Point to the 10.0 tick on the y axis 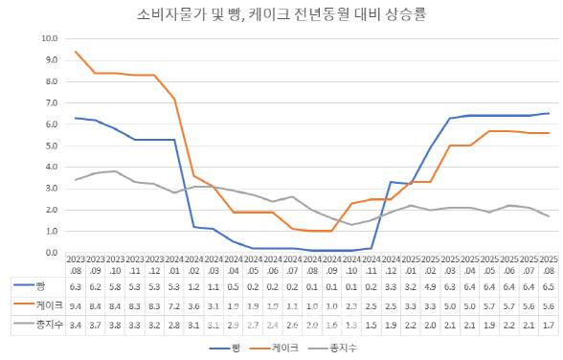pyautogui.click(x=50, y=38)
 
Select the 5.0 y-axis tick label pyautogui.click(x=51, y=146)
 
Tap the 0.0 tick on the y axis pyautogui.click(x=51, y=253)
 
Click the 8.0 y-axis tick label pyautogui.click(x=51, y=81)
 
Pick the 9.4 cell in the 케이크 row pyautogui.click(x=76, y=305)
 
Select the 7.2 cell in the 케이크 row pyautogui.click(x=173, y=305)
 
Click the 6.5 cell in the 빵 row pyautogui.click(x=549, y=285)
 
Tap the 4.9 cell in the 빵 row pyautogui.click(x=431, y=285)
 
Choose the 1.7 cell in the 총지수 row pyautogui.click(x=549, y=326)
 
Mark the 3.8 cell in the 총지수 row pyautogui.click(x=115, y=326)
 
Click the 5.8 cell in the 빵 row pyautogui.click(x=115, y=285)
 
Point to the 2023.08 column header pyautogui.click(x=76, y=264)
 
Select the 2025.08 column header pyautogui.click(x=549, y=264)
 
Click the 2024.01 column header pyautogui.click(x=173, y=264)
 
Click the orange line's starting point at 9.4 pyautogui.click(x=76, y=52)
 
